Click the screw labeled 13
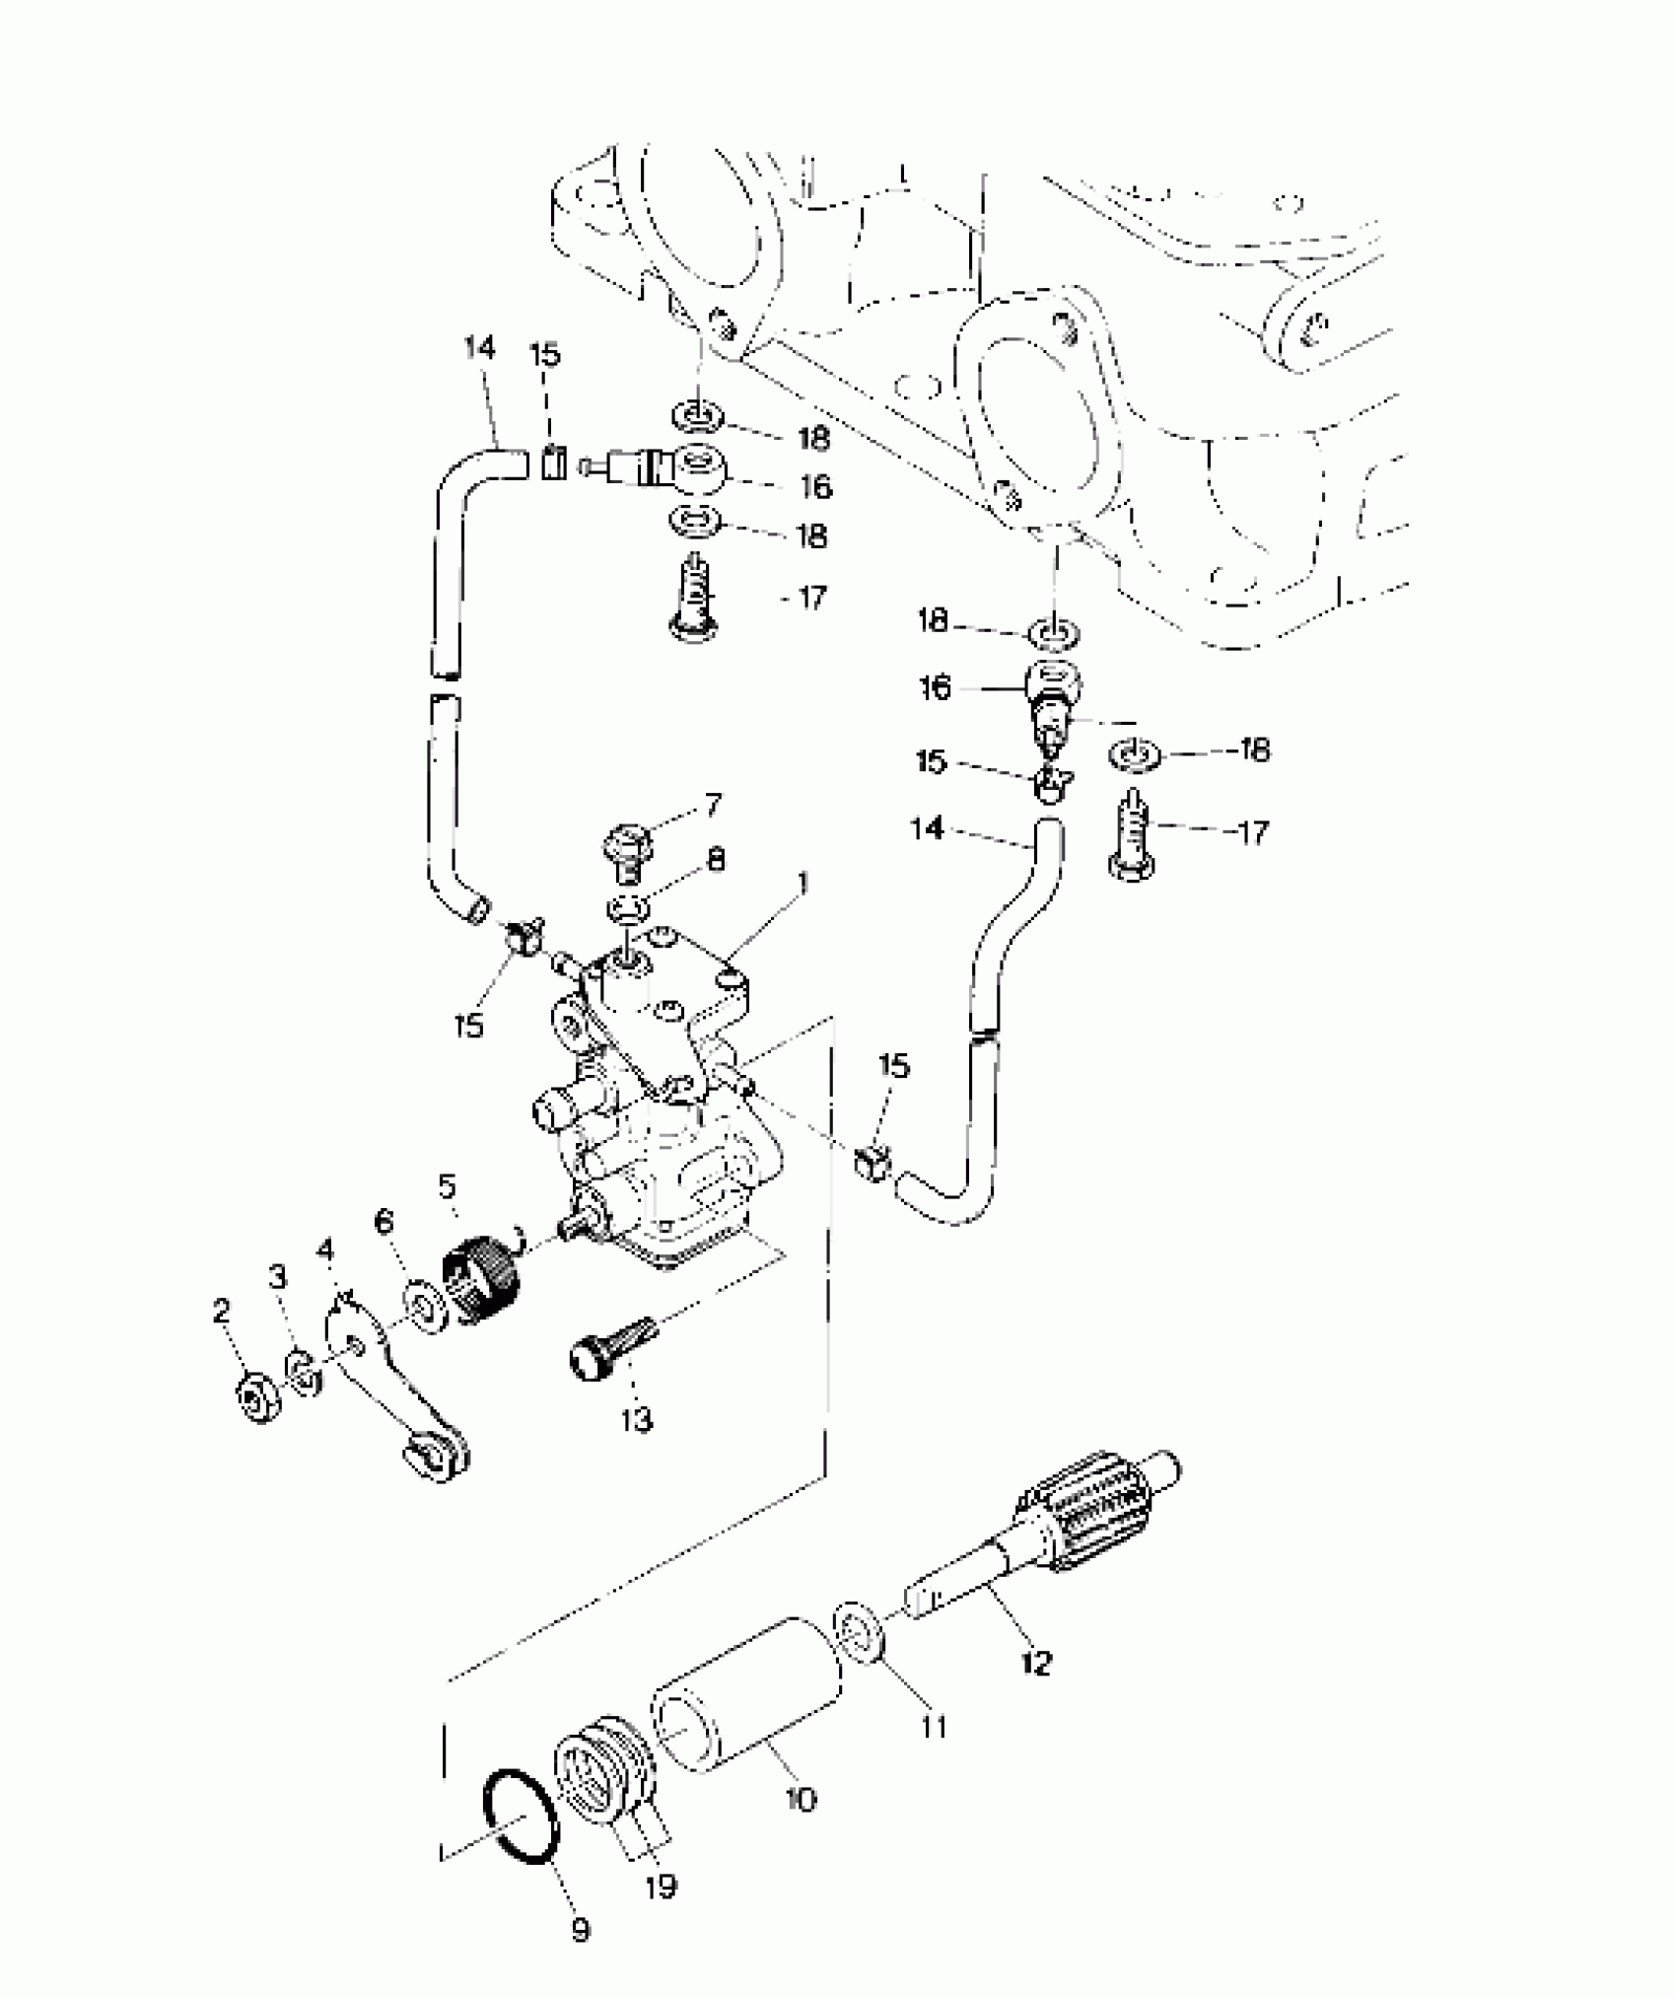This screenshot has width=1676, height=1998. coord(608,1345)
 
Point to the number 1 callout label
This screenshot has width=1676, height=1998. coord(803,883)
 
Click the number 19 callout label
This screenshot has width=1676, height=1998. coord(661,1887)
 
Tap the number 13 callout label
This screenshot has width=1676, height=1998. coord(637,1420)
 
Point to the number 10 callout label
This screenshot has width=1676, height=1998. coord(802,1800)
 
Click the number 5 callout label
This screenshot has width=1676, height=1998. coord(448,1185)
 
